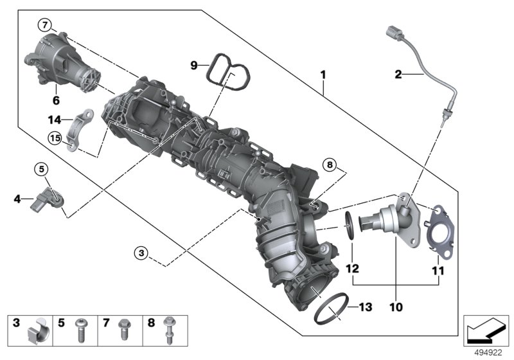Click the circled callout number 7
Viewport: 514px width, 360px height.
pos(44,25)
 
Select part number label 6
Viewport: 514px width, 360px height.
pos(55,100)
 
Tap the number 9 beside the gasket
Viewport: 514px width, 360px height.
pos(193,64)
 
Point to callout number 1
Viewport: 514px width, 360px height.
pos(323,75)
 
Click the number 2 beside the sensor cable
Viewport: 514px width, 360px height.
pos(398,75)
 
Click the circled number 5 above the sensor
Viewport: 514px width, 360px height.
pos(41,169)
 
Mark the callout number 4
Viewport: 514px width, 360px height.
pos(17,199)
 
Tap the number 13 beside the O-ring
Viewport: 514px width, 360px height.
pos(365,307)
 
